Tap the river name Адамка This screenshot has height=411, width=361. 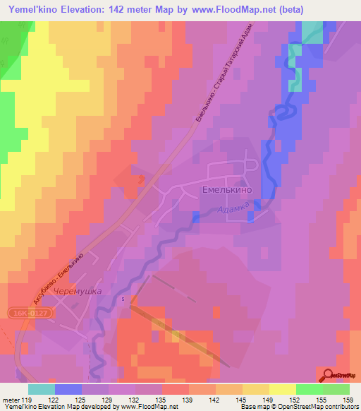[x=233, y=210]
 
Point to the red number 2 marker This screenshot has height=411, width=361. [x=142, y=180]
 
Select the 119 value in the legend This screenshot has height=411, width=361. [x=28, y=400]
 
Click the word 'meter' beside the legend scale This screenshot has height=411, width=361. [x=10, y=400]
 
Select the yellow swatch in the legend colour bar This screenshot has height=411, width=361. [x=282, y=389]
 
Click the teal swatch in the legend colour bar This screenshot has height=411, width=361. [x=42, y=389]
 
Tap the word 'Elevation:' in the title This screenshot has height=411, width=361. [x=81, y=8]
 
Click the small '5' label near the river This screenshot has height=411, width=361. [x=123, y=299]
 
